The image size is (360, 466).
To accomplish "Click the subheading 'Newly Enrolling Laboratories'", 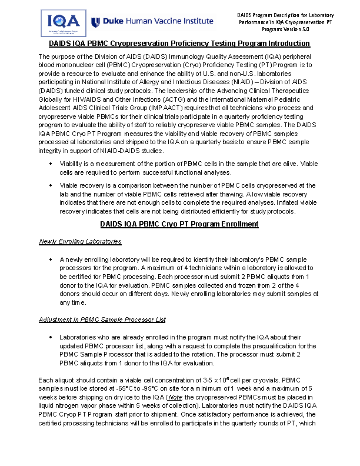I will [x=80, y=241].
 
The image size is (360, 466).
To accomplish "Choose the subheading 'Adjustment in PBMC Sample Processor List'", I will [x=102, y=319].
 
